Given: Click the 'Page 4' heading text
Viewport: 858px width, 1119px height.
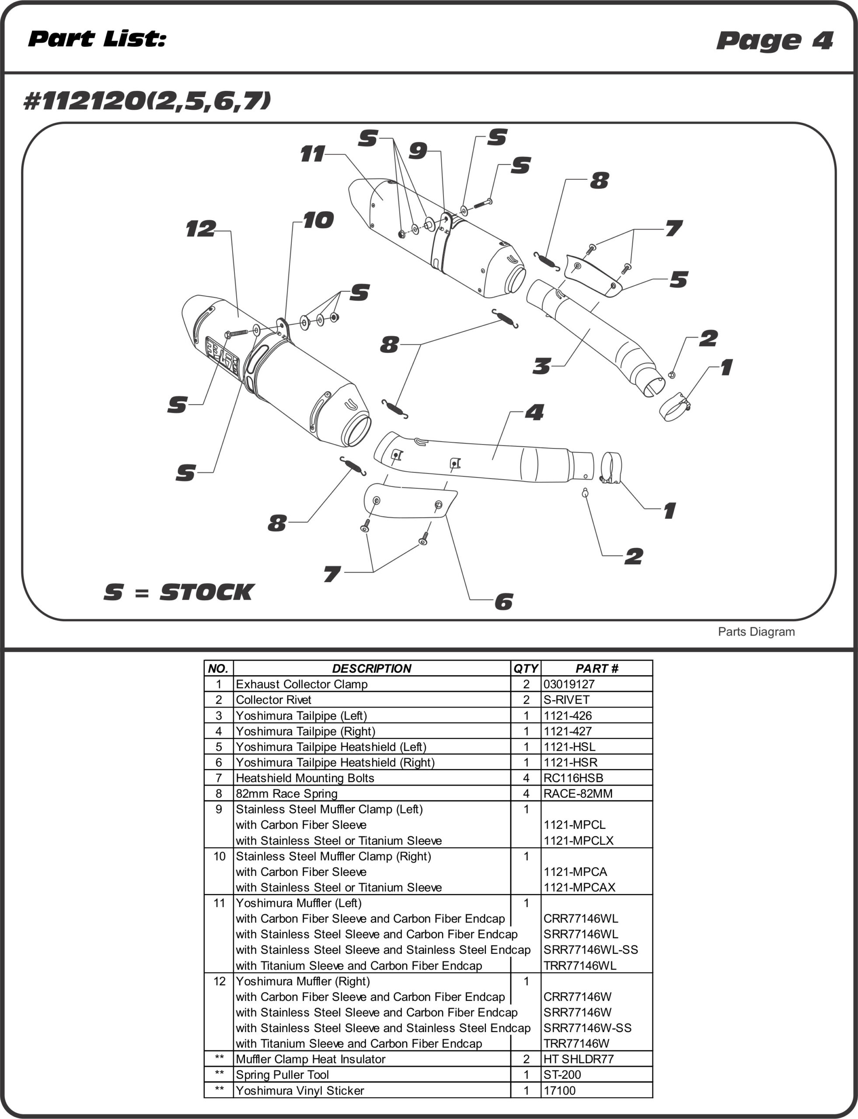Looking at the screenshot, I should [774, 40].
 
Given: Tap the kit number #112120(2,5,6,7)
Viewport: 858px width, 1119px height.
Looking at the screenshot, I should [147, 101].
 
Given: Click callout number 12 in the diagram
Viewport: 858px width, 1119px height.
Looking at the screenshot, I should [201, 229].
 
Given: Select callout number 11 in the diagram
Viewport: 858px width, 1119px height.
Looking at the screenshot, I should [312, 154].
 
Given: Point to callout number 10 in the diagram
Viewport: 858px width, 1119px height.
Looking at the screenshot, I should [318, 221].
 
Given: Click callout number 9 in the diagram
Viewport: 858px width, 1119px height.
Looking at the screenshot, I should [418, 151].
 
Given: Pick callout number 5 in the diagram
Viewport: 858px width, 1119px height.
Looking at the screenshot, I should [679, 280].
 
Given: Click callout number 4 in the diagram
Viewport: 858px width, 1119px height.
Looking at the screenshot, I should [534, 413].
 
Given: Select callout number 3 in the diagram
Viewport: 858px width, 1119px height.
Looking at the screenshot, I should [541, 366].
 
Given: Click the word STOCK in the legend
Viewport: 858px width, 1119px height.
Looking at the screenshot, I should [206, 592].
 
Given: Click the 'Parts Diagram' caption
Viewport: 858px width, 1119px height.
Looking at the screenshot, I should [756, 632].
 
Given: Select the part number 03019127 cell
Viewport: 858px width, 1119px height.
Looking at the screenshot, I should [569, 684].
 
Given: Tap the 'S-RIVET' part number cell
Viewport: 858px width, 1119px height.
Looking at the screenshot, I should [566, 700].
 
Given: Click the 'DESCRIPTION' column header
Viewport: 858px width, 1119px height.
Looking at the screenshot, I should [371, 669].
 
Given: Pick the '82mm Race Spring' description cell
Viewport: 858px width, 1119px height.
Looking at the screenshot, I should [286, 794].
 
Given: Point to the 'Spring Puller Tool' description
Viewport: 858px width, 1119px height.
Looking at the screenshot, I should [282, 1074].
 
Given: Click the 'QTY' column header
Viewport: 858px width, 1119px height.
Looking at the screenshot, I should [526, 669].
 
